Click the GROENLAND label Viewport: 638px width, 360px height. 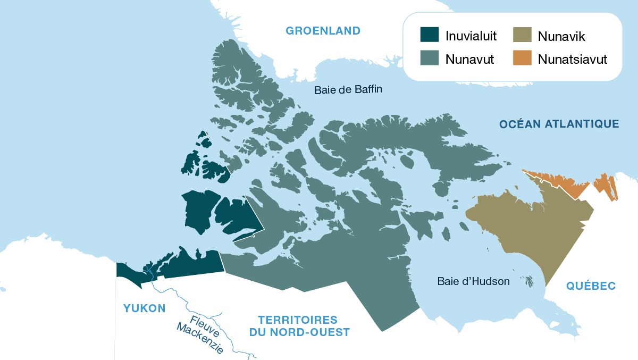pyautogui.click(x=323, y=30)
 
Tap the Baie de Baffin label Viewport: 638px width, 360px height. pyautogui.click(x=348, y=89)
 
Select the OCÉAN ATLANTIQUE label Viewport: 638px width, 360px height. pyautogui.click(x=559, y=124)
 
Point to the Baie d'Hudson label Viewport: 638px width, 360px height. pyautogui.click(x=473, y=281)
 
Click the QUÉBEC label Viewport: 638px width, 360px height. pyautogui.click(x=591, y=286)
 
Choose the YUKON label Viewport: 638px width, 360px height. pyautogui.click(x=144, y=308)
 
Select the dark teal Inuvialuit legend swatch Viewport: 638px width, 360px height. pyautogui.click(x=429, y=36)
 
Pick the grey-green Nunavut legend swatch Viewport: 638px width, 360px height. pyautogui.click(x=429, y=58)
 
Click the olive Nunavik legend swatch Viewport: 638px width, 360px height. pyautogui.click(x=522, y=36)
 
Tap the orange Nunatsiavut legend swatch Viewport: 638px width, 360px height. pyautogui.click(x=522, y=58)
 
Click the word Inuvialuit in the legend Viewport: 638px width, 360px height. pyautogui.click(x=471, y=36)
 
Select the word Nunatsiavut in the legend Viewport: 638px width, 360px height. pyautogui.click(x=572, y=58)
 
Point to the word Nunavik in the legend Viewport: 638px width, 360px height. pyautogui.click(x=561, y=36)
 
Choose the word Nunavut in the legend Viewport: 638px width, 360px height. pyautogui.click(x=470, y=58)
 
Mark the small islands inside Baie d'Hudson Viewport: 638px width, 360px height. pyautogui.click(x=528, y=281)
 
